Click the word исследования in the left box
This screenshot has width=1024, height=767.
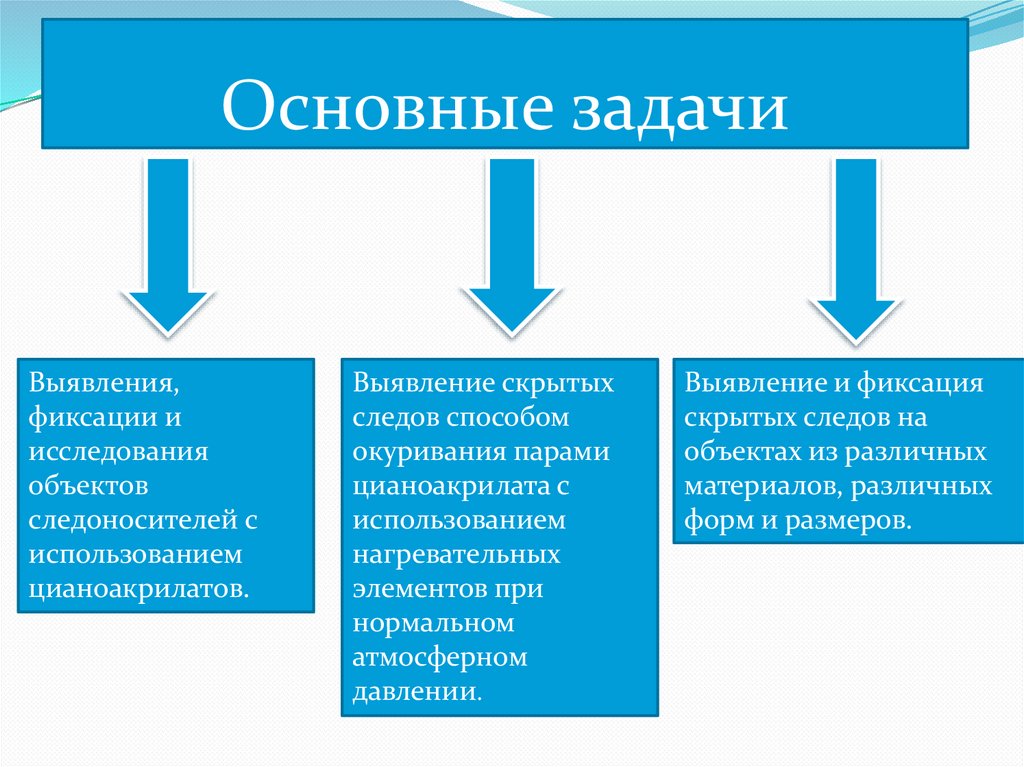[x=118, y=450]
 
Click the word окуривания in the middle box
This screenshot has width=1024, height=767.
[x=428, y=452]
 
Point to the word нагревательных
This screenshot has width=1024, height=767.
[x=455, y=554]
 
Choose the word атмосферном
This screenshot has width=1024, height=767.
[x=439, y=657]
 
